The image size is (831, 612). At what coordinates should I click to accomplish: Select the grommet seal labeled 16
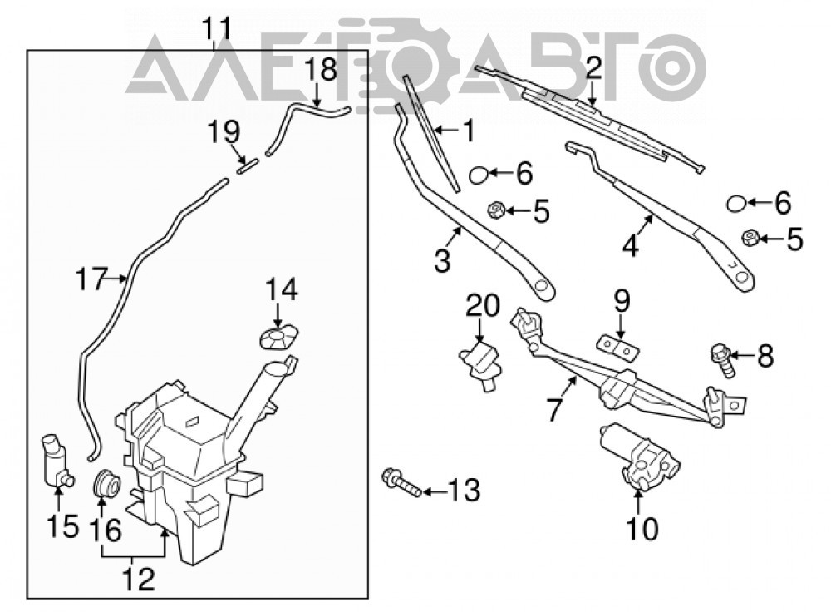point(106,482)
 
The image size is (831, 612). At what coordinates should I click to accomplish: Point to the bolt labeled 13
point(401,481)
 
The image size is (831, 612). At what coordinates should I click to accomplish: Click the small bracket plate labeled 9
point(618,346)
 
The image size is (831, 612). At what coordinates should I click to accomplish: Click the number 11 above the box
point(219,27)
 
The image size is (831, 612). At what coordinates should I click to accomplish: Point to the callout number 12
point(139,579)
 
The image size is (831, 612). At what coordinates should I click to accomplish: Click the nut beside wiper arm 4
point(749,238)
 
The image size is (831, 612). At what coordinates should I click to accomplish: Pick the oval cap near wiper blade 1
point(479,174)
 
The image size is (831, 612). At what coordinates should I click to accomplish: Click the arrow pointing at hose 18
point(316,95)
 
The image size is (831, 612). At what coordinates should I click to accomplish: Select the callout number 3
point(443,260)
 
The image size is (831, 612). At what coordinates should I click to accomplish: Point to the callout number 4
point(630,246)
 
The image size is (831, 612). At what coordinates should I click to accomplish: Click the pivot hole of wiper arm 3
point(541,286)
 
